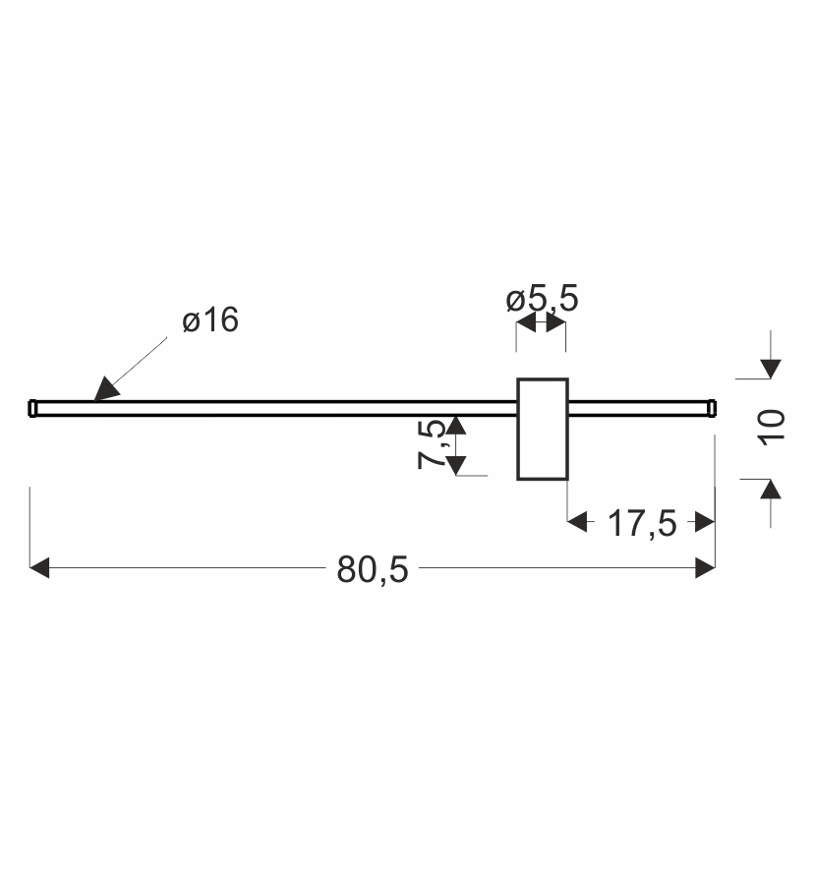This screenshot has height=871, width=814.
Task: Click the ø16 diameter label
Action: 210,319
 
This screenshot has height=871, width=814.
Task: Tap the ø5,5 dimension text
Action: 542,298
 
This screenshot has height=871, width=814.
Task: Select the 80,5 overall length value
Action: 373,569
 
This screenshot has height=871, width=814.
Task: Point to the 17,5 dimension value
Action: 642,523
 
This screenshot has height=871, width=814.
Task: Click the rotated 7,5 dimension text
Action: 432,444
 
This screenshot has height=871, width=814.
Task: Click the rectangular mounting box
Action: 543,429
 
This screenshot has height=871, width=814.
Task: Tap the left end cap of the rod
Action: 32,408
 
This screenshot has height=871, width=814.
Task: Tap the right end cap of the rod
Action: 712,408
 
